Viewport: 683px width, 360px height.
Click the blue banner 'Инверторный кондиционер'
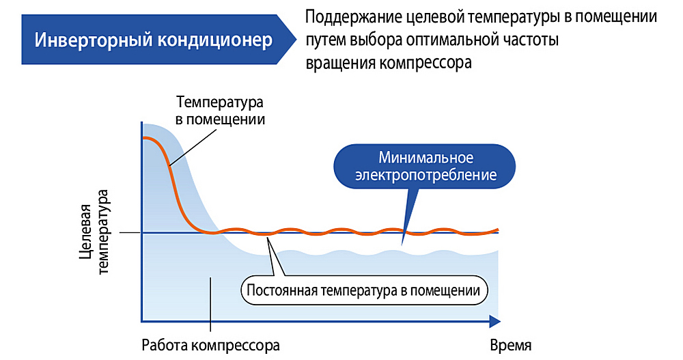click(154, 40)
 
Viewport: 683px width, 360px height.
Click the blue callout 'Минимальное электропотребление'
click(423, 166)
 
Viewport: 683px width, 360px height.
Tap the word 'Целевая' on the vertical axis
click(85, 232)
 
